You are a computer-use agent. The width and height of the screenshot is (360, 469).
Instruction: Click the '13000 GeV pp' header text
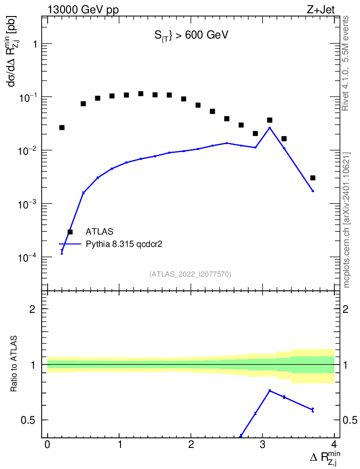point(83,10)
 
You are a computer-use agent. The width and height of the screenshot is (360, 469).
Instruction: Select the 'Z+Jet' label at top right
point(321,10)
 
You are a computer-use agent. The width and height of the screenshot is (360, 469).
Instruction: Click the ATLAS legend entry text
point(99,231)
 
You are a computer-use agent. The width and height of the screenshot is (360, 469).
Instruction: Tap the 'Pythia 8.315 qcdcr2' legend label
point(124,245)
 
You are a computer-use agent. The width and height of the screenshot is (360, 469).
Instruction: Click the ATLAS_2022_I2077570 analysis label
point(190,274)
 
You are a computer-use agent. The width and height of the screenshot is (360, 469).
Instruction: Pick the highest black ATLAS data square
point(141,93)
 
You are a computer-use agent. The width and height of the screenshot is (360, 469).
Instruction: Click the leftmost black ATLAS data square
point(62,127)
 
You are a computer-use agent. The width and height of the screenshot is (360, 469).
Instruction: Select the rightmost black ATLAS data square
point(313,178)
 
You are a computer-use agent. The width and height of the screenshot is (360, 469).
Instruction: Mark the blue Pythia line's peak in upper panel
point(270,128)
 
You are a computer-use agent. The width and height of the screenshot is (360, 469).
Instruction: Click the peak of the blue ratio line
point(270,391)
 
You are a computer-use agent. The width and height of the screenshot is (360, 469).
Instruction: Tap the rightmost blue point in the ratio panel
point(313,410)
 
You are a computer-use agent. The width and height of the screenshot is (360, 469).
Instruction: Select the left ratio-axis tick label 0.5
point(28,420)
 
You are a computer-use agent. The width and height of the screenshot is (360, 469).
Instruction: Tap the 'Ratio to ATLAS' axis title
point(13,364)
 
